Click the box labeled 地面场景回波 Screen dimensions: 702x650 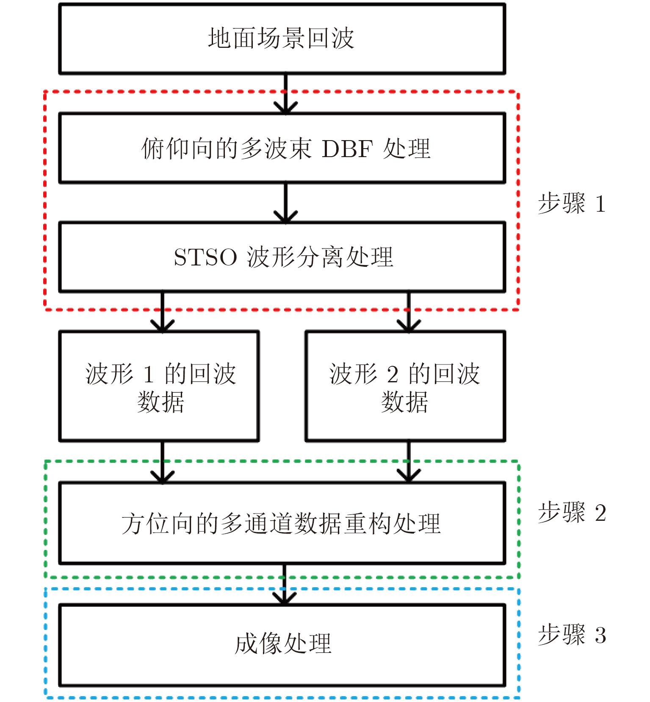(x=282, y=39)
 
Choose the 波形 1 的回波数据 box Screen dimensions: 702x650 (x=159, y=387)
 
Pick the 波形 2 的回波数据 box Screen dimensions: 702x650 (x=405, y=387)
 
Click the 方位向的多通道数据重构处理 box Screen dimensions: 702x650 (x=282, y=523)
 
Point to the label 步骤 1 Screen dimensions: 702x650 (x=572, y=204)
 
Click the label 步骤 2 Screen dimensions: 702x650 (x=572, y=513)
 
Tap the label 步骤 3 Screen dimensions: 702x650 (x=572, y=635)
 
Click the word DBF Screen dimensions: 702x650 (x=347, y=149)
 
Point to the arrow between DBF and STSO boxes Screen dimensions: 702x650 (x=286, y=203)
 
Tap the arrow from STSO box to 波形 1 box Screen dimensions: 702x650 (x=163, y=312)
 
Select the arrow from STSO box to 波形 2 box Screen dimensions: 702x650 (x=409, y=312)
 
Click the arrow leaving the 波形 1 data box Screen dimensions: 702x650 (x=163, y=462)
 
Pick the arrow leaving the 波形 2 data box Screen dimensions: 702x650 (x=409, y=462)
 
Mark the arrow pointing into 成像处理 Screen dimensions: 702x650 (x=284, y=584)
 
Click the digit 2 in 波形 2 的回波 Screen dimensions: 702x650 (x=393, y=375)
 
